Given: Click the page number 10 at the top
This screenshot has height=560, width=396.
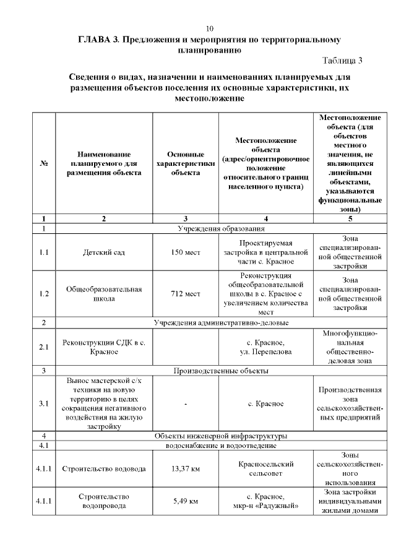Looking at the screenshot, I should [x=209, y=29].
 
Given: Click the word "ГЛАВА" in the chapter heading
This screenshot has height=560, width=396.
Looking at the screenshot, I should [x=91, y=40].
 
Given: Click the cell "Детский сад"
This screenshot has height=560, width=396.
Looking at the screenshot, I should [x=103, y=252].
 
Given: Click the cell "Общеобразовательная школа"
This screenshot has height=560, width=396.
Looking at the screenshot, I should [x=103, y=294].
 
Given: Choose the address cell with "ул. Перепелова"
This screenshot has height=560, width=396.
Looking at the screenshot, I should [x=265, y=351].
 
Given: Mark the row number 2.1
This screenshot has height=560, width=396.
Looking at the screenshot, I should [x=44, y=347].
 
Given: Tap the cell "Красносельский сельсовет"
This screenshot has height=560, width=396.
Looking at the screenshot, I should [x=265, y=468].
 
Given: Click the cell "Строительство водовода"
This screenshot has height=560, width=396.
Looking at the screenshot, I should [x=103, y=468].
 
